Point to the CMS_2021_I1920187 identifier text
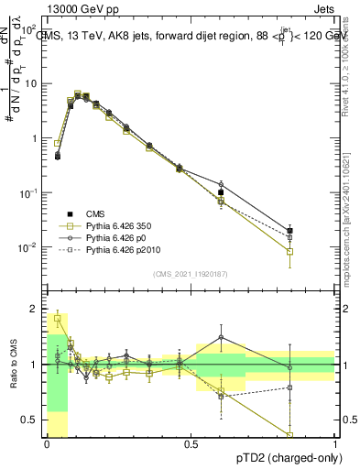[x=190, y=274]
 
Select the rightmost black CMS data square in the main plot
[x=289, y=231]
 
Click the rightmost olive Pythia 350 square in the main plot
[x=289, y=251]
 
